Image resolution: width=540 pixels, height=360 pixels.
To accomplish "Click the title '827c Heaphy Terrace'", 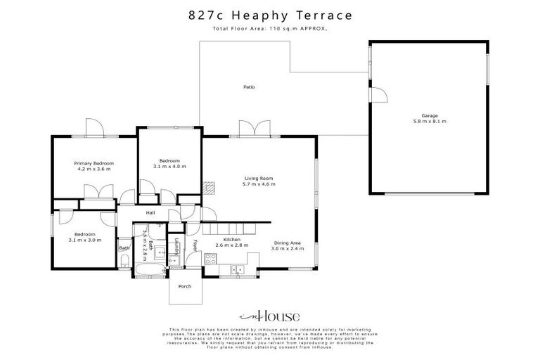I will tap(270, 14).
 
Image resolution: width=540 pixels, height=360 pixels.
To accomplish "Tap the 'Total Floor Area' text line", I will tap(270, 29).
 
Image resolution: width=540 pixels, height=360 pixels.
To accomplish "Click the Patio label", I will tap(249, 87).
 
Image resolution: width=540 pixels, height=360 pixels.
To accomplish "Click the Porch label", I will tap(185, 286).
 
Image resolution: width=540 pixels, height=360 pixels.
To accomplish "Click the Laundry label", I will tap(176, 247).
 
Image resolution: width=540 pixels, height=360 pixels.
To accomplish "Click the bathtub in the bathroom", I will tap(150, 271).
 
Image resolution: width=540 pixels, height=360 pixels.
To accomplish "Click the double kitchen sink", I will tap(237, 269).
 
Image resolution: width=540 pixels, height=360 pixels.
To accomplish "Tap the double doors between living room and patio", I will tap(254, 129).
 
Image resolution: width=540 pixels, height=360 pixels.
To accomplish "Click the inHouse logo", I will tap(270, 316).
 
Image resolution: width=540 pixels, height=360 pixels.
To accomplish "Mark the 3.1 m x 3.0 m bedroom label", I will tap(85, 237).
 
